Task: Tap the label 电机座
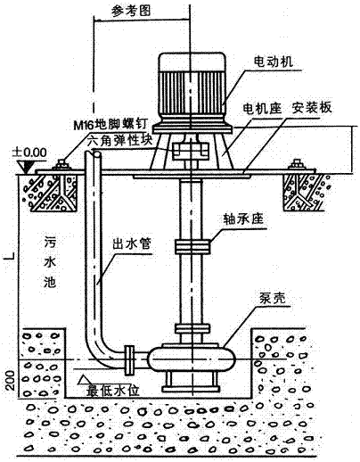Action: [260, 107]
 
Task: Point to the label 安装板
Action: [312, 107]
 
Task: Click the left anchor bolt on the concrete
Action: [60, 164]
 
